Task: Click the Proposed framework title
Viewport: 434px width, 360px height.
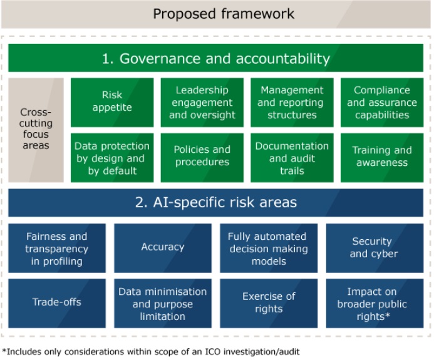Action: tap(224, 14)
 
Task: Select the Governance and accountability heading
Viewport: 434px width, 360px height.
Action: tap(215, 58)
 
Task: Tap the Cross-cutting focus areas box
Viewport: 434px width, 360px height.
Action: tap(36, 130)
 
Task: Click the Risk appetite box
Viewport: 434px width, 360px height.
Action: tap(112, 103)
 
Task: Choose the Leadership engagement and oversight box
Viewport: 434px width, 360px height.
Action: tap(202, 103)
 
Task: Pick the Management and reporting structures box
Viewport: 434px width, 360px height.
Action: tap(292, 103)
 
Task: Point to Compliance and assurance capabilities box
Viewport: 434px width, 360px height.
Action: tap(382, 103)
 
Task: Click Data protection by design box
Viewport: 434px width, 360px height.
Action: tap(112, 158)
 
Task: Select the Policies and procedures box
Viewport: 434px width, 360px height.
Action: tap(202, 158)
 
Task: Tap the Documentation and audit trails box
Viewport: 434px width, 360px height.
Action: tap(292, 158)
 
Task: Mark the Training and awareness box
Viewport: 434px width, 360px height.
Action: tap(382, 158)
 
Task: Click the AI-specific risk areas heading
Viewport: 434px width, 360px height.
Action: tap(215, 203)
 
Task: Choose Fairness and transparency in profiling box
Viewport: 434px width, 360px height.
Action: tap(57, 248)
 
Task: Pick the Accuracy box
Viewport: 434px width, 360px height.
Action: tap(163, 248)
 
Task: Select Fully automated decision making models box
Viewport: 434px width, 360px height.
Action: tap(269, 248)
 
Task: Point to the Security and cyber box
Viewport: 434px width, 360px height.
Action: tap(375, 248)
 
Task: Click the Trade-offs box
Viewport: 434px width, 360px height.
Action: tap(57, 303)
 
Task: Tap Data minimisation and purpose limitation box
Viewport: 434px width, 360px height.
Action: tap(163, 303)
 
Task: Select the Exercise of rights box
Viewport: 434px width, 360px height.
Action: tap(269, 303)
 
